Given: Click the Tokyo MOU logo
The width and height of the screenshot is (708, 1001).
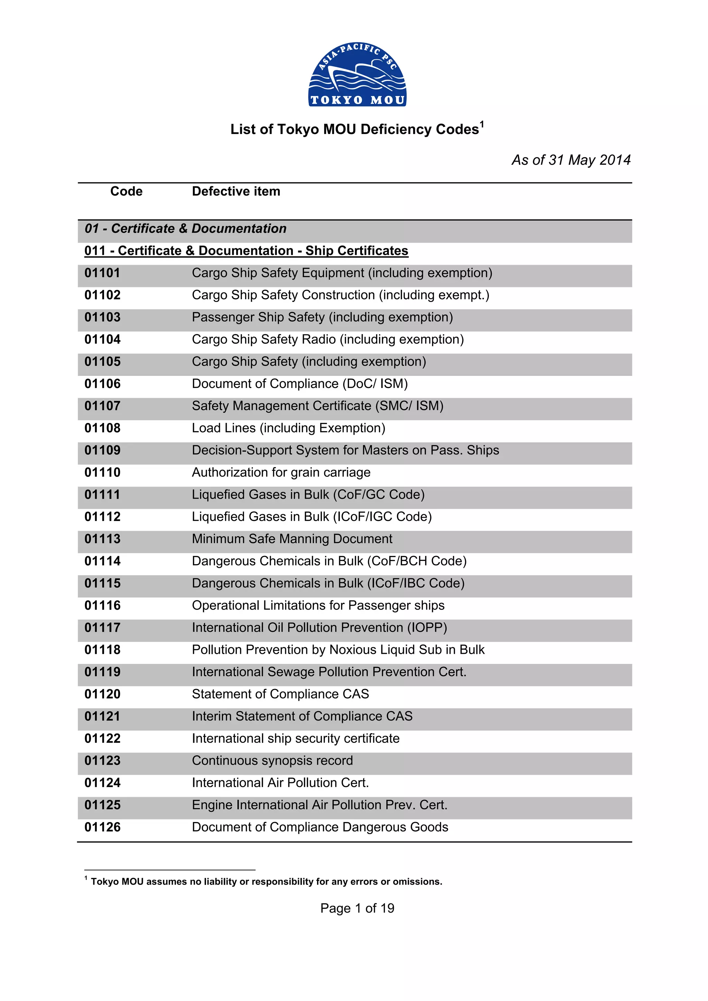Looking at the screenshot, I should tap(357, 75).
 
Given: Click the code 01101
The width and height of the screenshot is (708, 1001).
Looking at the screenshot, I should tap(103, 273).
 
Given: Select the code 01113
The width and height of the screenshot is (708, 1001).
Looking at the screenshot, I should tap(103, 539).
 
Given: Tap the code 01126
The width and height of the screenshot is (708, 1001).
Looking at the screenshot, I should tap(103, 827).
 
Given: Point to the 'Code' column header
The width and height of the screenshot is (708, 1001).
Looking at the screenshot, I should tap(127, 191).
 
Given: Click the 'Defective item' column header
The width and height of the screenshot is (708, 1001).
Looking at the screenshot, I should tap(236, 191).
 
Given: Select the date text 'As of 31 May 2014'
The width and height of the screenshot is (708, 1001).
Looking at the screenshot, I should tap(571, 160).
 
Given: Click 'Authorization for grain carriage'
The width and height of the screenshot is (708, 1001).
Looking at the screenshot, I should tap(281, 473).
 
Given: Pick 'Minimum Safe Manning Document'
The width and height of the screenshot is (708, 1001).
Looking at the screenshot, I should tap(292, 539).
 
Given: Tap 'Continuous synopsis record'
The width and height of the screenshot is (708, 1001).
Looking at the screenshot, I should tap(272, 761).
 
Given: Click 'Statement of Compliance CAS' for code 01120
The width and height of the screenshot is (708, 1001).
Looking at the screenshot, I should tap(280, 694).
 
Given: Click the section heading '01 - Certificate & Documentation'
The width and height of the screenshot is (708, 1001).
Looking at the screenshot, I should tap(185, 228).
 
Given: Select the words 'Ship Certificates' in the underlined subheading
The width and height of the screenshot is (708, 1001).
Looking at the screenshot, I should tap(356, 251).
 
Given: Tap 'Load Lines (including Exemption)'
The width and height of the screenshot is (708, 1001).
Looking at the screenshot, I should tap(288, 428).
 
